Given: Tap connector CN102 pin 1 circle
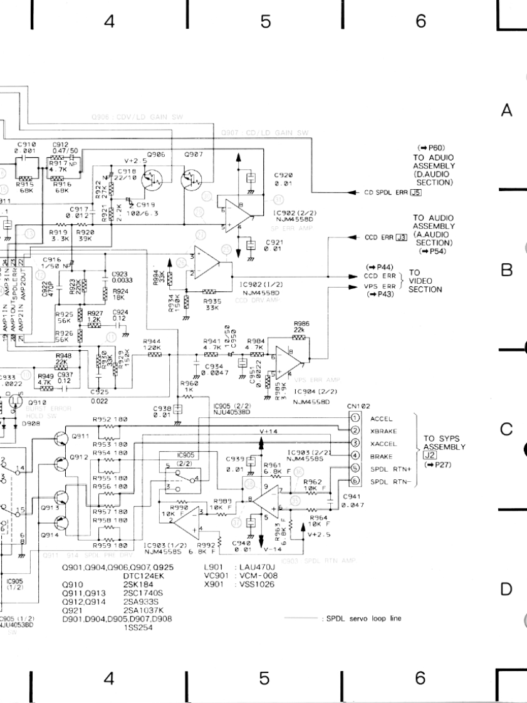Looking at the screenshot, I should [355, 418].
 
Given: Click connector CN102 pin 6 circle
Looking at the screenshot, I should [355, 481].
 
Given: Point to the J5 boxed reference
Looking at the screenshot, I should [415, 193].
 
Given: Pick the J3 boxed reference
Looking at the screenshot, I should [402, 237].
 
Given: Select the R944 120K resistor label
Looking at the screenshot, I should [154, 345].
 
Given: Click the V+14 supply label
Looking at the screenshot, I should [268, 432].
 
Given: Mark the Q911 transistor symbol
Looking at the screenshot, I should [61, 437].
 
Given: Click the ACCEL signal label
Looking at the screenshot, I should [382, 418].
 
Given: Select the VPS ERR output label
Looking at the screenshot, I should [380, 286].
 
